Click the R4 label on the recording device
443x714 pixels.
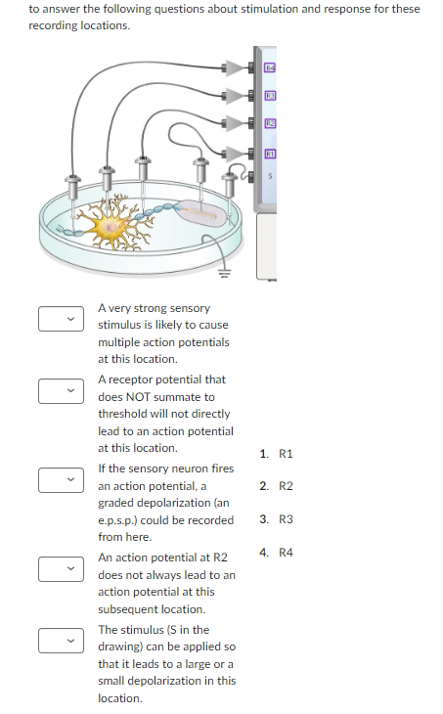click(x=271, y=67)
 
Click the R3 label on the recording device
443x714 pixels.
click(x=271, y=95)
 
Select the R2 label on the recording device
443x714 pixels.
click(x=271, y=123)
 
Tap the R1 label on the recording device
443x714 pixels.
click(x=271, y=153)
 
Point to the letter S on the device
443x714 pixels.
click(x=271, y=177)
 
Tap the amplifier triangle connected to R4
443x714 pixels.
click(x=235, y=67)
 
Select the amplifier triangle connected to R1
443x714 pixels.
click(x=235, y=153)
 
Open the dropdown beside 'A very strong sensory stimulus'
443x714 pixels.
click(x=58, y=318)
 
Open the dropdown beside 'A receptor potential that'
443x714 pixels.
click(x=58, y=390)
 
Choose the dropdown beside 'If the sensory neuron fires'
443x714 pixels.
click(x=58, y=479)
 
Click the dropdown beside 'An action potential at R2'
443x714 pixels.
click(x=58, y=568)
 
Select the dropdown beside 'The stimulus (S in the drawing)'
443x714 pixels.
click(x=58, y=640)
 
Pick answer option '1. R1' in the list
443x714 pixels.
click(x=278, y=454)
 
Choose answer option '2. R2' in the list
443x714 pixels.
click(x=278, y=487)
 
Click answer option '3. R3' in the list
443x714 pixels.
click(x=278, y=519)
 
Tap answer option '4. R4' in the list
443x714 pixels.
click(x=278, y=553)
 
